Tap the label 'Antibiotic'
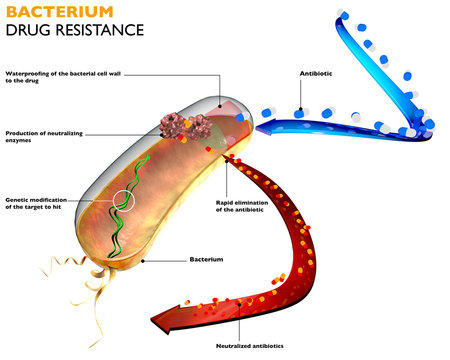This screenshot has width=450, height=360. (317, 74)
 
